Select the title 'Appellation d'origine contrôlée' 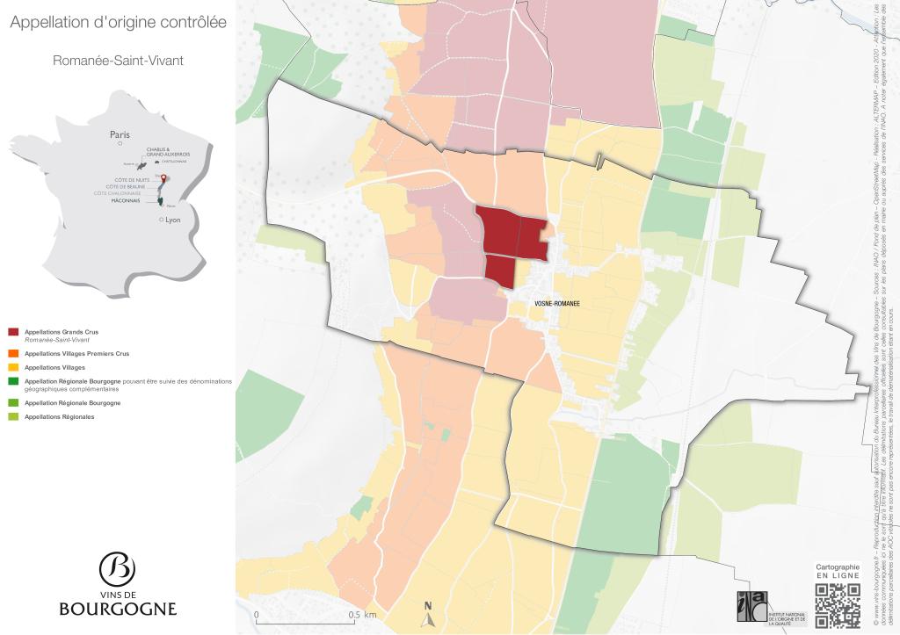(x=118, y=23)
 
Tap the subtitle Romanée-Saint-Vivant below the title (x=118, y=61)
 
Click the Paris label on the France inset (x=120, y=135)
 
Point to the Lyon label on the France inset (x=172, y=220)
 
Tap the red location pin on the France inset (x=162, y=179)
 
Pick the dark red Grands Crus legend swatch (x=13, y=332)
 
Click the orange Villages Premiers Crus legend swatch (x=13, y=353)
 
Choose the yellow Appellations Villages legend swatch (x=13, y=367)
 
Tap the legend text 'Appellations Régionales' (x=60, y=416)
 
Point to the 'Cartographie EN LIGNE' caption (x=838, y=572)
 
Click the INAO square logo (x=751, y=608)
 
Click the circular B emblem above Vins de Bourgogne (x=118, y=568)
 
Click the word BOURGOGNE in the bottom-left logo (x=118, y=609)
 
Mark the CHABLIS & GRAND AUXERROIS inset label (x=169, y=151)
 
